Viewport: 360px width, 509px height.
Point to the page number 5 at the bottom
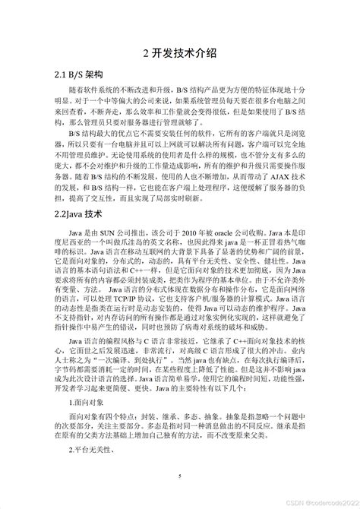tap(180, 476)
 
